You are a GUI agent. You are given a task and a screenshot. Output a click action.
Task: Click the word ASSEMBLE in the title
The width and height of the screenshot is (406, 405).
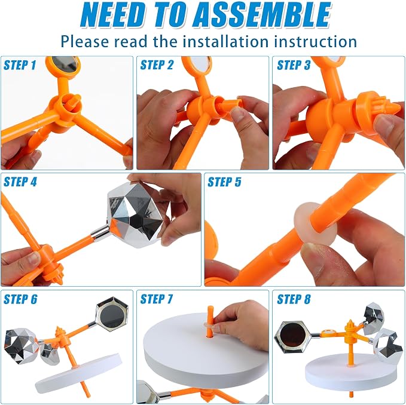(x=261, y=15)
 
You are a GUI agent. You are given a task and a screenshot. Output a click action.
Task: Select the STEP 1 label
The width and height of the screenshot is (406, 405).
(x=20, y=65)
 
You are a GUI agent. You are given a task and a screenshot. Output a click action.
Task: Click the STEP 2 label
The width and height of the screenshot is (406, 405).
(x=157, y=65)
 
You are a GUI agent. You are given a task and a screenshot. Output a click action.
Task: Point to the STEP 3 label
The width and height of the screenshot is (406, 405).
(x=294, y=65)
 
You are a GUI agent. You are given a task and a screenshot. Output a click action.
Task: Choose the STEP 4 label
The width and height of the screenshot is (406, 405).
(x=20, y=182)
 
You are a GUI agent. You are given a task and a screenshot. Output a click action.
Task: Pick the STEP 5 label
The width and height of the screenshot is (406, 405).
(x=224, y=182)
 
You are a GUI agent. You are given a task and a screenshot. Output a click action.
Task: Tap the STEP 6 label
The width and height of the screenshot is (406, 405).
(x=20, y=299)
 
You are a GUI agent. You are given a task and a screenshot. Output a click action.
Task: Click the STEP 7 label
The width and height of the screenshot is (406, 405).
(x=157, y=299)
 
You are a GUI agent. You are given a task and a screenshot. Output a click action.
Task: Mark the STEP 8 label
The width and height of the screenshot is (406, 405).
(x=294, y=299)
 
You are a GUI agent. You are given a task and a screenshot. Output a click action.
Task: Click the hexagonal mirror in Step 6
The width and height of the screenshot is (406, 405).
(x=112, y=314)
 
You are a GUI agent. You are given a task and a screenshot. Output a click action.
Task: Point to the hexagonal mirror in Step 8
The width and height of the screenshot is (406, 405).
(x=293, y=337)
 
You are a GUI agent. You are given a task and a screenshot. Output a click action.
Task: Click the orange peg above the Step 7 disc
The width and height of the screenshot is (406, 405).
(x=210, y=321)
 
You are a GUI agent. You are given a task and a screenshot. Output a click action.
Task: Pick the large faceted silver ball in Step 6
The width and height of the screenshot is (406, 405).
(x=21, y=346)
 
